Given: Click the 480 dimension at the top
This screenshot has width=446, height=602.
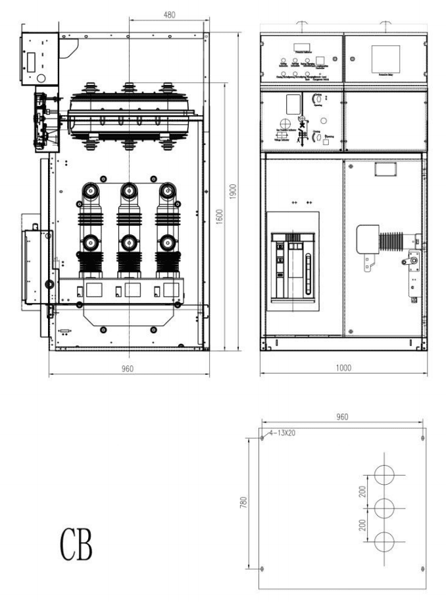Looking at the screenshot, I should pos(169,14).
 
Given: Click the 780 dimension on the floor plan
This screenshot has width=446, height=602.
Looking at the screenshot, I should pos(242,504).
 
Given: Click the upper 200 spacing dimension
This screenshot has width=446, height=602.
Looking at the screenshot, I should pos(364,491).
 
